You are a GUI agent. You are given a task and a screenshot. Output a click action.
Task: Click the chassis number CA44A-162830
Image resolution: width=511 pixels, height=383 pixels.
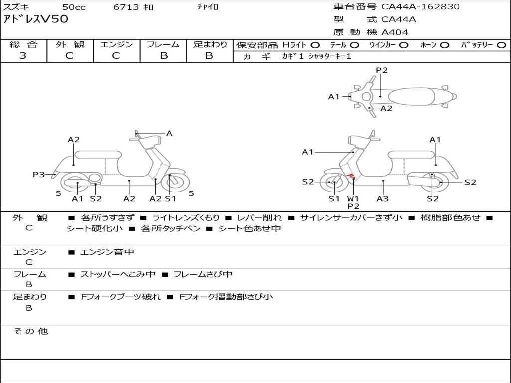coord(420,7)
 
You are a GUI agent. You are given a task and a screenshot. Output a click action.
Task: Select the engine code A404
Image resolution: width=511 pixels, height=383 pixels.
coord(395,32)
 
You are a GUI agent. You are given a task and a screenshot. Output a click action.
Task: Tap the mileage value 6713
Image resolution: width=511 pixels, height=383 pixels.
coord(126,7)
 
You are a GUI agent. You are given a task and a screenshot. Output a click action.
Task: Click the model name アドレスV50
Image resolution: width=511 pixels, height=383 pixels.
coord(36,19)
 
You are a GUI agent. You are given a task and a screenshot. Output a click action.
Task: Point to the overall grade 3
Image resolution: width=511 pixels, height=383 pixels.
coord(23,56)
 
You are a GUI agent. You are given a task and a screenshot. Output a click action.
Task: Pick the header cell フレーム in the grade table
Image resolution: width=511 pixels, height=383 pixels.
coord(163,44)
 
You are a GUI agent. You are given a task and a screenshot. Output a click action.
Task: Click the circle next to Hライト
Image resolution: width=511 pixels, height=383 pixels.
coord(315,45)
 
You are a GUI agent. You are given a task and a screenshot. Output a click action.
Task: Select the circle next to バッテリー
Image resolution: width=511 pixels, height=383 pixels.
coord(502,45)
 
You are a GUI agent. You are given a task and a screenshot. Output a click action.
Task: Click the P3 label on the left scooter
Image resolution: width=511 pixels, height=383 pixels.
coord(39,174)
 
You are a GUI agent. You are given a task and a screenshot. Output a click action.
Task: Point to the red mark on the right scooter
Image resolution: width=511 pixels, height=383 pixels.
coord(351,176)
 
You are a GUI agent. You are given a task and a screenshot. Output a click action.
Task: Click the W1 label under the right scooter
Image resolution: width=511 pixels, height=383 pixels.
coord(353,198)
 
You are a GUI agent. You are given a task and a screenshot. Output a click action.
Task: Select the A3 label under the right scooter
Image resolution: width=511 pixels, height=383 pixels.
coord(383,198)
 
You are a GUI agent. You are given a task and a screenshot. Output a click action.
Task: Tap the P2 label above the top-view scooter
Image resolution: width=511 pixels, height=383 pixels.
coord(382,70)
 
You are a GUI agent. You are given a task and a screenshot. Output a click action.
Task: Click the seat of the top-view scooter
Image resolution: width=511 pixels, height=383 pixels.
coord(412,96)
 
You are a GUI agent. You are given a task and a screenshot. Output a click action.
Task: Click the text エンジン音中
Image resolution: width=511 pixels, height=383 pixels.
coord(107,252)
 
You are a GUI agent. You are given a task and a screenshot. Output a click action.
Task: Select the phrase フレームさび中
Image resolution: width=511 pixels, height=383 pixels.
coord(203,274)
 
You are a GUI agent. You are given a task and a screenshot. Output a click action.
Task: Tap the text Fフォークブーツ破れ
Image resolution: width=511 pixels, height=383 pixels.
coord(121,297)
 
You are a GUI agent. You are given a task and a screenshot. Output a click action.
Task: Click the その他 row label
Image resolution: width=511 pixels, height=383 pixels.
coord(30,331)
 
